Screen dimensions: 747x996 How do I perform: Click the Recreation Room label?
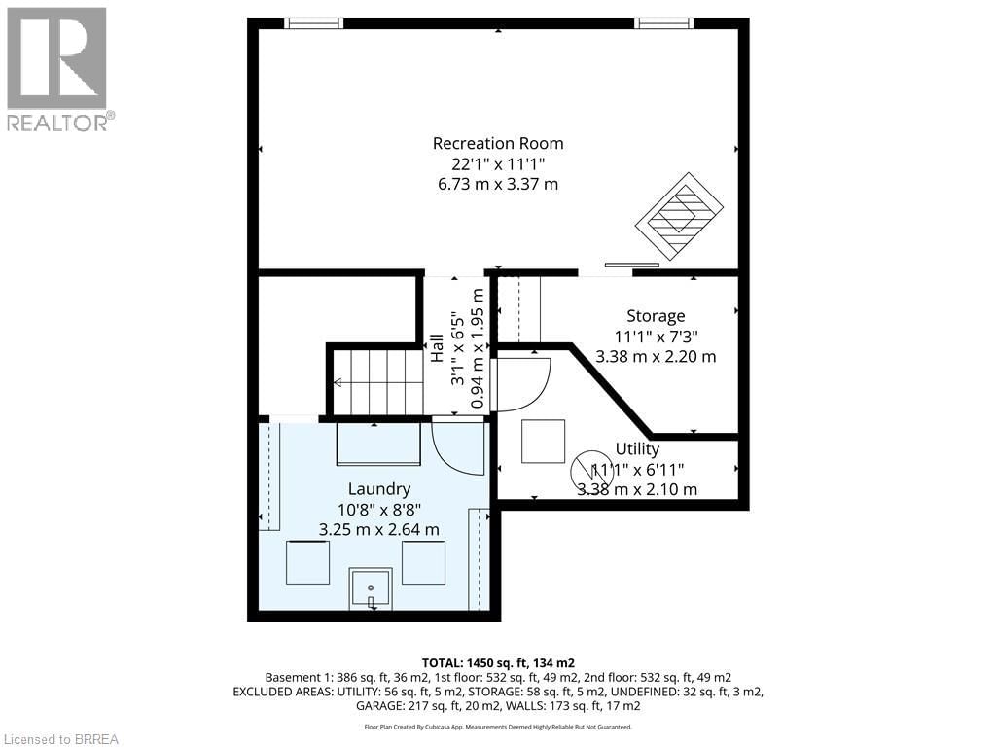pyautogui.click(x=498, y=143)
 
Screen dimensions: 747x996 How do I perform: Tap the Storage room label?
pyautogui.click(x=655, y=315)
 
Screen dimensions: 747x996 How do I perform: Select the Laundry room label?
pyautogui.click(x=378, y=488)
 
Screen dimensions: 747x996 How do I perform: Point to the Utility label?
pyautogui.click(x=637, y=448)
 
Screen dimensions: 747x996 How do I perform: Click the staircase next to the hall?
pyautogui.click(x=378, y=382)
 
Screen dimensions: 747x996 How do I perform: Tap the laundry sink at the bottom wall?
pyautogui.click(x=371, y=588)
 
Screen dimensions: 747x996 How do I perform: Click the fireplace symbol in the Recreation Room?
pyautogui.click(x=680, y=215)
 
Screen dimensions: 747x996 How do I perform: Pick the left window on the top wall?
pyautogui.click(x=313, y=23)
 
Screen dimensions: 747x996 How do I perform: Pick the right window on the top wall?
pyautogui.click(x=663, y=23)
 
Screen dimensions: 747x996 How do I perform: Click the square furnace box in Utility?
pyautogui.click(x=543, y=441)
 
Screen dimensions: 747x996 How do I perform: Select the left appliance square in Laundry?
pyautogui.click(x=307, y=562)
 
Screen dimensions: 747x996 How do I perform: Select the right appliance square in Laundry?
pyautogui.click(x=423, y=562)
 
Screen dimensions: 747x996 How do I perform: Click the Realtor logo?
pyautogui.click(x=58, y=68)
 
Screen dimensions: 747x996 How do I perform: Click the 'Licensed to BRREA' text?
pyautogui.click(x=60, y=738)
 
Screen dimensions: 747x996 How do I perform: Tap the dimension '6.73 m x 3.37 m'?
pyautogui.click(x=498, y=184)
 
